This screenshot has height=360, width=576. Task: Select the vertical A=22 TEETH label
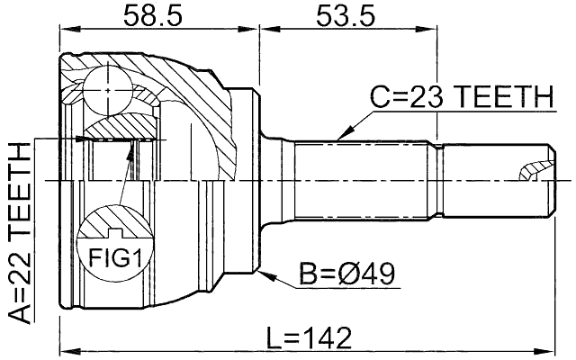point(17,230)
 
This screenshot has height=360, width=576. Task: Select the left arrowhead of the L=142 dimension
point(65,349)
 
